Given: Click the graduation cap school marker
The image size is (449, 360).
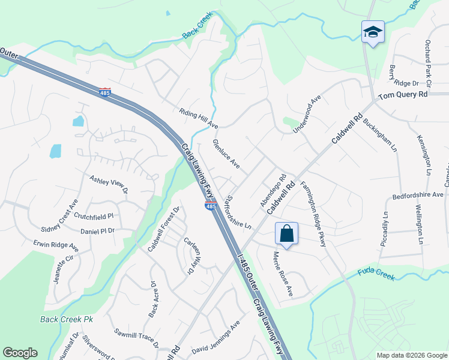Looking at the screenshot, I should click(373, 32).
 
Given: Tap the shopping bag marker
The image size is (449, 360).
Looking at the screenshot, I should click(287, 233).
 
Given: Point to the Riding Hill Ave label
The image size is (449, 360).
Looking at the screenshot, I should click(198, 118).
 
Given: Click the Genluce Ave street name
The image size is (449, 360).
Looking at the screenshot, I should click(226, 154).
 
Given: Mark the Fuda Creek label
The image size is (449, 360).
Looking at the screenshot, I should click(376, 274).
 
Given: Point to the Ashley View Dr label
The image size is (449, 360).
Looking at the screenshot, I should click(109, 184).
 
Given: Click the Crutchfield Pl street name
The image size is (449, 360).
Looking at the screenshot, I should click(101, 215).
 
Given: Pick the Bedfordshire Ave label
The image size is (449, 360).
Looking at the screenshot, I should click(417, 195).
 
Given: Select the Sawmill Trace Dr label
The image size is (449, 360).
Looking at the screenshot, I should click(136, 337).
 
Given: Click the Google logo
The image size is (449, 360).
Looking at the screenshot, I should click(20, 353).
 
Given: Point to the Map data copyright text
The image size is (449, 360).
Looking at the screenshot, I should click(411, 355).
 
